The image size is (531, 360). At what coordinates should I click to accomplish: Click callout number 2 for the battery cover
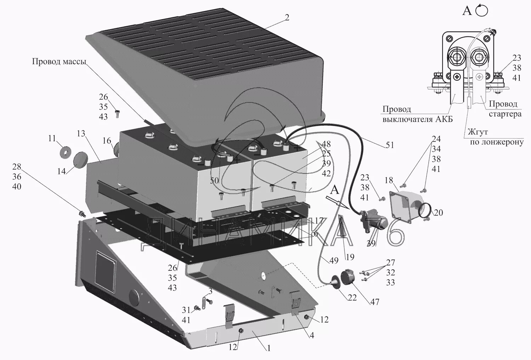(287, 17)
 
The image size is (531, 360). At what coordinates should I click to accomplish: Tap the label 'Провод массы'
(59, 62)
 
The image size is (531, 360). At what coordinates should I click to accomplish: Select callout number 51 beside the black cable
(390, 145)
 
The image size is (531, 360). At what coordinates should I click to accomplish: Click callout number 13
(81, 134)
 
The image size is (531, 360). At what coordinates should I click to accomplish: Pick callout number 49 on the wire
(333, 260)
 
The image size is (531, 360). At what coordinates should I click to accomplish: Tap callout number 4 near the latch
(312, 335)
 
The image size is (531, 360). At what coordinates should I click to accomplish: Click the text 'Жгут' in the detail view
(478, 132)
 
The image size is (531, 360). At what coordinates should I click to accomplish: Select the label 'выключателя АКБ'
(417, 119)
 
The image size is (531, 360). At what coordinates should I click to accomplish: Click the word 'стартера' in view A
(505, 114)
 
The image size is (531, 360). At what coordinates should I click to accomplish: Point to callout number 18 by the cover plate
(389, 180)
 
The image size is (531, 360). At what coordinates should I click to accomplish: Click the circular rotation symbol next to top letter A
(482, 11)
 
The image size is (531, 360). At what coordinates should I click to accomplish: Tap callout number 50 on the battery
(215, 181)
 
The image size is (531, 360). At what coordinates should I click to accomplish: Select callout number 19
(350, 257)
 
